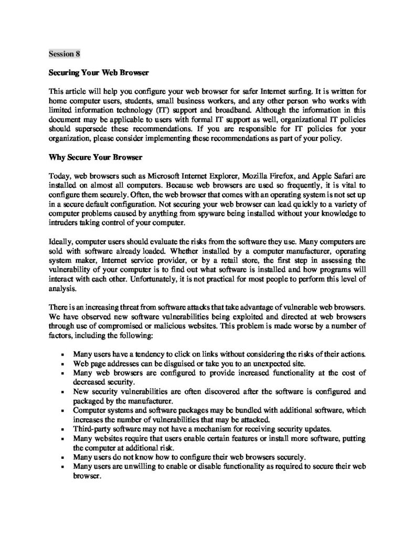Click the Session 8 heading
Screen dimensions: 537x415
pos(65,53)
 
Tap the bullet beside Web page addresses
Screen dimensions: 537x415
pos(62,364)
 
